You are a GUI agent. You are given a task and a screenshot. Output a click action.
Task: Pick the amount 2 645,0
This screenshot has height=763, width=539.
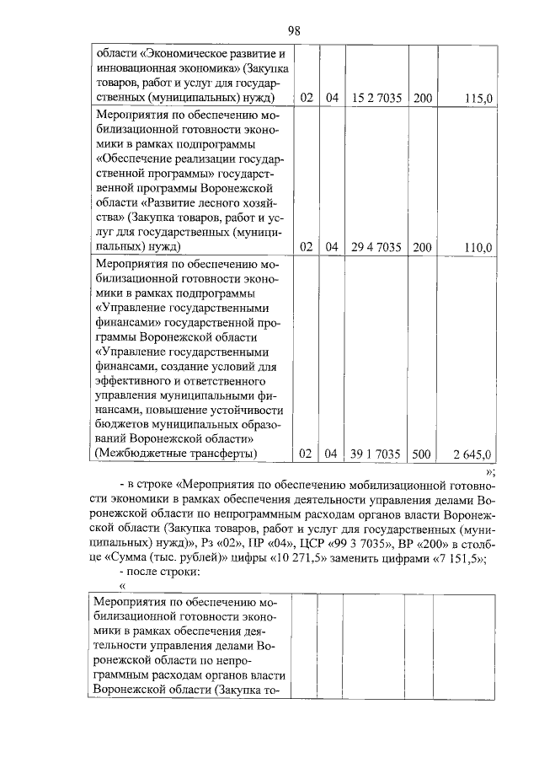point(472,455)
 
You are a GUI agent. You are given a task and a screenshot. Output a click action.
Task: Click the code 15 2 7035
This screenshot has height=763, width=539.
point(376,99)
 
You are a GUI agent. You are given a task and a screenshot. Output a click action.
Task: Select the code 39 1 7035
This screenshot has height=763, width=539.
point(376,455)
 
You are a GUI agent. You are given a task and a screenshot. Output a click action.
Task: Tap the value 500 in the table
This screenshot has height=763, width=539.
point(421,455)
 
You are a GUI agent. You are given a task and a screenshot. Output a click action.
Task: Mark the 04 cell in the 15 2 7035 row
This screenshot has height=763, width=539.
point(332,99)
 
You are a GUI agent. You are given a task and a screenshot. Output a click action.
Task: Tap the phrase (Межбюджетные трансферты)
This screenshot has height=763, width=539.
point(175,455)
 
